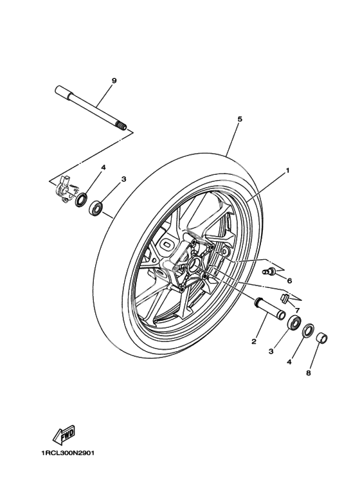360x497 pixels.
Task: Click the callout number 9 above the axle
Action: pyautogui.click(x=114, y=81)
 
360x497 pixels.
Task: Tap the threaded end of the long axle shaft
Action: pyautogui.click(x=122, y=126)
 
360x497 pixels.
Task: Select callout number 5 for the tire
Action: pyautogui.click(x=240, y=119)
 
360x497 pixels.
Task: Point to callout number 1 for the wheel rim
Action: pyautogui.click(x=288, y=170)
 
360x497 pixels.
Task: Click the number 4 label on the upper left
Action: pyautogui.click(x=103, y=167)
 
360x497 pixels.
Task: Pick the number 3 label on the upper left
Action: pyautogui.click(x=123, y=179)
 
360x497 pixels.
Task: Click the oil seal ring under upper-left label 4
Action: pyautogui.click(x=82, y=200)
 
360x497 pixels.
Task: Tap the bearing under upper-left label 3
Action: pyautogui.click(x=95, y=208)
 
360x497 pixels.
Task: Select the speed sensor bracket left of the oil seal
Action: pyautogui.click(x=66, y=188)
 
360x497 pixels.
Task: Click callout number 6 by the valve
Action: pyautogui.click(x=289, y=280)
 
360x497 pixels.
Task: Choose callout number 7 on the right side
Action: pyautogui.click(x=297, y=310)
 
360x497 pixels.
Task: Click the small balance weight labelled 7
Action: pyautogui.click(x=285, y=298)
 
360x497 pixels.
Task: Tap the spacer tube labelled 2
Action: pyautogui.click(x=269, y=309)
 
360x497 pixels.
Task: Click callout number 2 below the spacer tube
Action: pyautogui.click(x=253, y=341)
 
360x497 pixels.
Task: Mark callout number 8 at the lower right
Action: pyautogui.click(x=309, y=373)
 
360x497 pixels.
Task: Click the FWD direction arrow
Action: pyautogui.click(x=64, y=435)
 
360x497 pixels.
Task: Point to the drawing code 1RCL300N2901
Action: pyautogui.click(x=67, y=453)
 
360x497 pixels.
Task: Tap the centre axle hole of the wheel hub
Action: pyautogui.click(x=194, y=265)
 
